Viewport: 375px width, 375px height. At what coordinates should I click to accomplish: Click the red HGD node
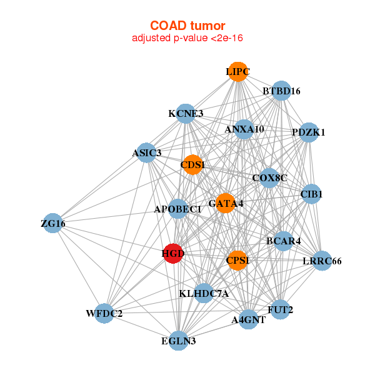172,254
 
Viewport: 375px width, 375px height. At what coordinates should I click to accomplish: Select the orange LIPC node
237,72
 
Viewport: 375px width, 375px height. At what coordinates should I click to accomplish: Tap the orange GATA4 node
225,203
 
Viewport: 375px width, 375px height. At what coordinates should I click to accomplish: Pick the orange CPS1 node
237,260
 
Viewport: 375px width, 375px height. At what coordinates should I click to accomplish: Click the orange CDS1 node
192,165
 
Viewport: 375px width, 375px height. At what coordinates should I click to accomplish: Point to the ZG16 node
53,223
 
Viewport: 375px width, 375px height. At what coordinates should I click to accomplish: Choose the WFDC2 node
104,313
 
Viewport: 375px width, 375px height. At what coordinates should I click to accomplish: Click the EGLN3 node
178,341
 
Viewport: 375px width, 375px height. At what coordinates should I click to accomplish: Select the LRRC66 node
321,261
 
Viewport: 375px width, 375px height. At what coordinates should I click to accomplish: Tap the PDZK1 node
308,132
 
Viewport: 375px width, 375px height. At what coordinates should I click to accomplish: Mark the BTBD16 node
281,91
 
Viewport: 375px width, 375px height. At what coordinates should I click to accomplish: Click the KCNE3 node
186,114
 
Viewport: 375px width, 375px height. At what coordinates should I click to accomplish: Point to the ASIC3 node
146,152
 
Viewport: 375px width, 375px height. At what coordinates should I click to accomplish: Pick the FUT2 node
281,309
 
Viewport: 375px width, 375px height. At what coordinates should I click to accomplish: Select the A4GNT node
249,319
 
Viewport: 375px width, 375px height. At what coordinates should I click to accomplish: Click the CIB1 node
311,194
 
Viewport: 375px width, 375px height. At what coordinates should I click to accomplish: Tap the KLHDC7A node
204,293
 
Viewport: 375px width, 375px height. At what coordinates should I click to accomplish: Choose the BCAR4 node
283,241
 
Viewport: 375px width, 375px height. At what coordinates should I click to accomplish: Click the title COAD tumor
187,26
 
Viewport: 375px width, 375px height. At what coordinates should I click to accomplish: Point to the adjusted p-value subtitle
187,38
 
